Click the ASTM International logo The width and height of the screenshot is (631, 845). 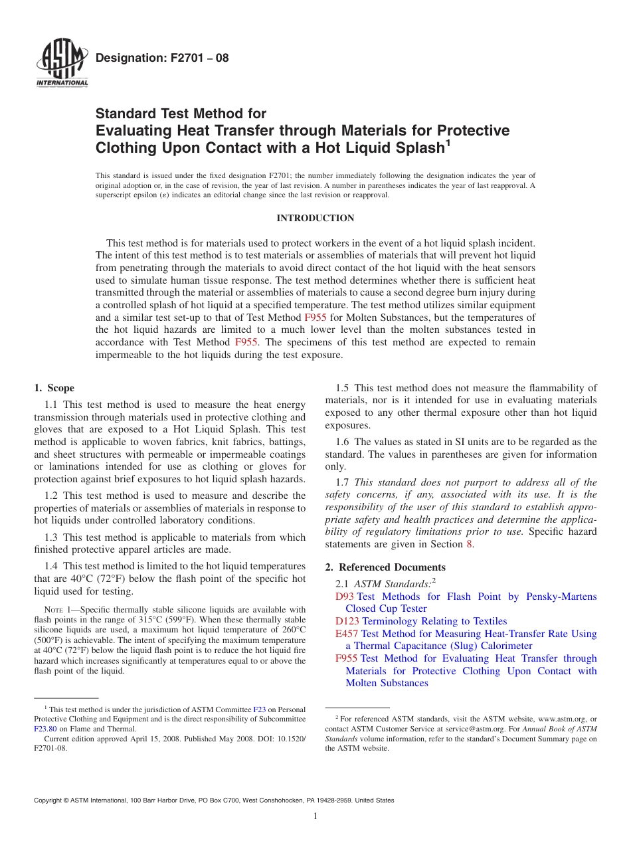[62, 64]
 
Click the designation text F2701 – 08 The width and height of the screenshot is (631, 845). [162, 58]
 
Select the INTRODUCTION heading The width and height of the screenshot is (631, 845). [315, 218]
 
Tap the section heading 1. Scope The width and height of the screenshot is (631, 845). [54, 388]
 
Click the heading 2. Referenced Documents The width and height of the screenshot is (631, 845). [385, 567]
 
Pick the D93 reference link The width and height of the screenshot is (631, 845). [345, 597]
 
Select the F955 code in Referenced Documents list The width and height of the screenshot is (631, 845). [347, 658]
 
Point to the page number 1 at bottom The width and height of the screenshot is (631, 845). [315, 816]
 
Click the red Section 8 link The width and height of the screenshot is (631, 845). [470, 544]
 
